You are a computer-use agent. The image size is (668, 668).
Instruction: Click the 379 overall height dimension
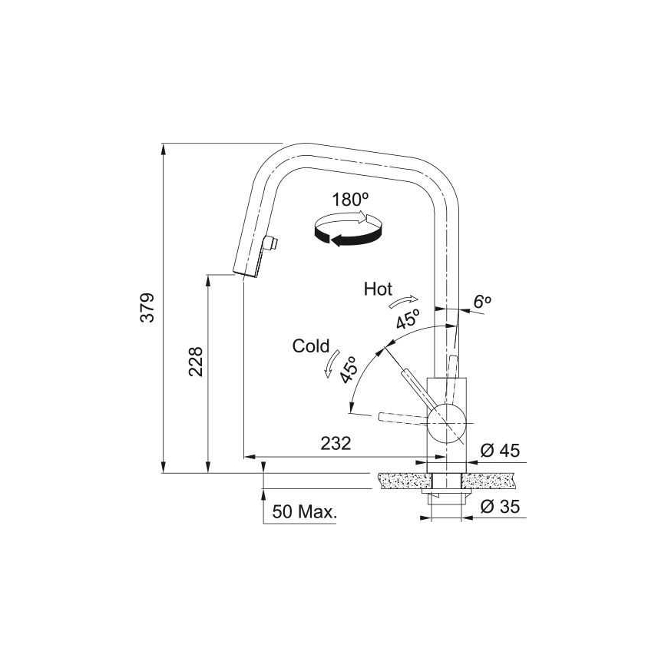pos(147,307)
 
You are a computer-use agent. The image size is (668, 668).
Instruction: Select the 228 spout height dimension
pos(196,362)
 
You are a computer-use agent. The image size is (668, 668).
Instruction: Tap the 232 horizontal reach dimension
pos(336,444)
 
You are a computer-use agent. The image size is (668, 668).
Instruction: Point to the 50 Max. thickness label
pos(305,511)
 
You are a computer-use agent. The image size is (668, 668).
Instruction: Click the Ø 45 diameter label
pos(500,450)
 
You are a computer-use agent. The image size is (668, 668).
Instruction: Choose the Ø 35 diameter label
pos(500,507)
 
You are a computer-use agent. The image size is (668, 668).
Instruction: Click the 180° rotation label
pos(350,200)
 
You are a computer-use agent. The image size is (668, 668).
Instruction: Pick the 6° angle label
pos(482,302)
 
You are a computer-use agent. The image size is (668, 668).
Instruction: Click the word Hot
pos(378,289)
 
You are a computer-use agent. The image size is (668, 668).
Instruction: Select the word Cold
pos(311,346)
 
